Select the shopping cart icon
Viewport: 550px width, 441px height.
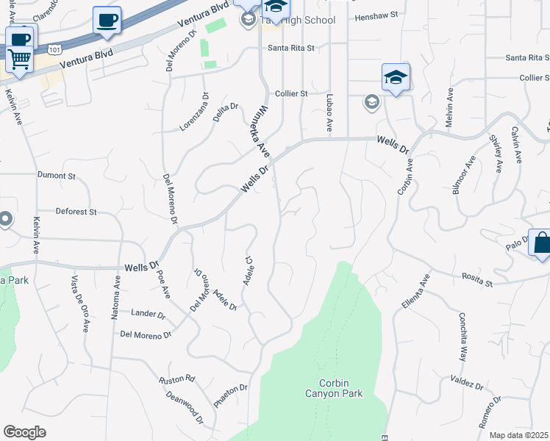coord(20,59)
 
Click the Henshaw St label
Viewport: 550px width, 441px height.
coord(375,15)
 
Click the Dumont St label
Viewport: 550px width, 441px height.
coord(57,176)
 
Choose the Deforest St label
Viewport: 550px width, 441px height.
coord(76,212)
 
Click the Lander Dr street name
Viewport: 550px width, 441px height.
coord(148,314)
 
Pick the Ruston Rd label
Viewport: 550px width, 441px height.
coord(177,379)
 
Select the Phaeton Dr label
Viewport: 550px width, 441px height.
coord(231,396)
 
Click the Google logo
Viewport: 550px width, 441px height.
coord(24,432)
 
